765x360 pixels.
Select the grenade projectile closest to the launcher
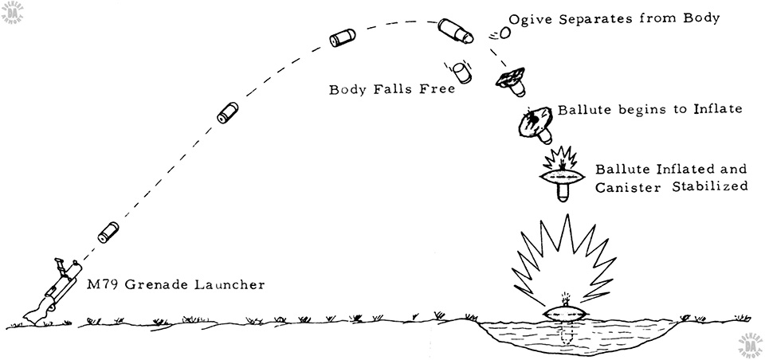pos(109,233)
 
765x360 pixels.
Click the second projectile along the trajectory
pos(228,114)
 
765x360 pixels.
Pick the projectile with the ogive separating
pos(456,31)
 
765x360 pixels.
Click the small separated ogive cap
pos(504,33)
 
